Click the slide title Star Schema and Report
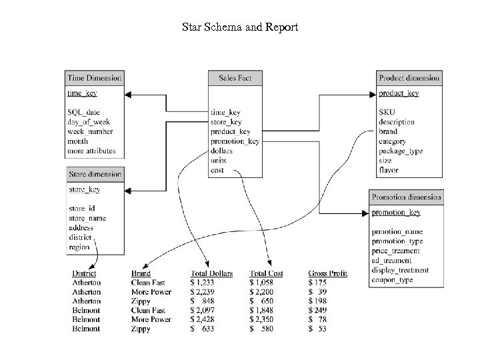point(240,28)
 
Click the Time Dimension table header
point(94,78)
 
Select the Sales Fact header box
point(235,78)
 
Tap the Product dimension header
point(409,78)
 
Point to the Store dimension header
point(95,175)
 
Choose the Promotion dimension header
point(406,197)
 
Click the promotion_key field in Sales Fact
point(235,141)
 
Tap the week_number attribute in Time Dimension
point(91,132)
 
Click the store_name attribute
point(87,218)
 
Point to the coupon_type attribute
point(393,280)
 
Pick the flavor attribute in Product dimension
point(389,170)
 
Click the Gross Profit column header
point(328,274)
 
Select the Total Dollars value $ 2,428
point(207,319)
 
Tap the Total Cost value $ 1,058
point(265,283)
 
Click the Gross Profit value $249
point(319,310)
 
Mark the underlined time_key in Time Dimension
point(82,93)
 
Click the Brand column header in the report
point(141,274)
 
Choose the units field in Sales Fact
point(218,161)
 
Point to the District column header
point(84,274)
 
